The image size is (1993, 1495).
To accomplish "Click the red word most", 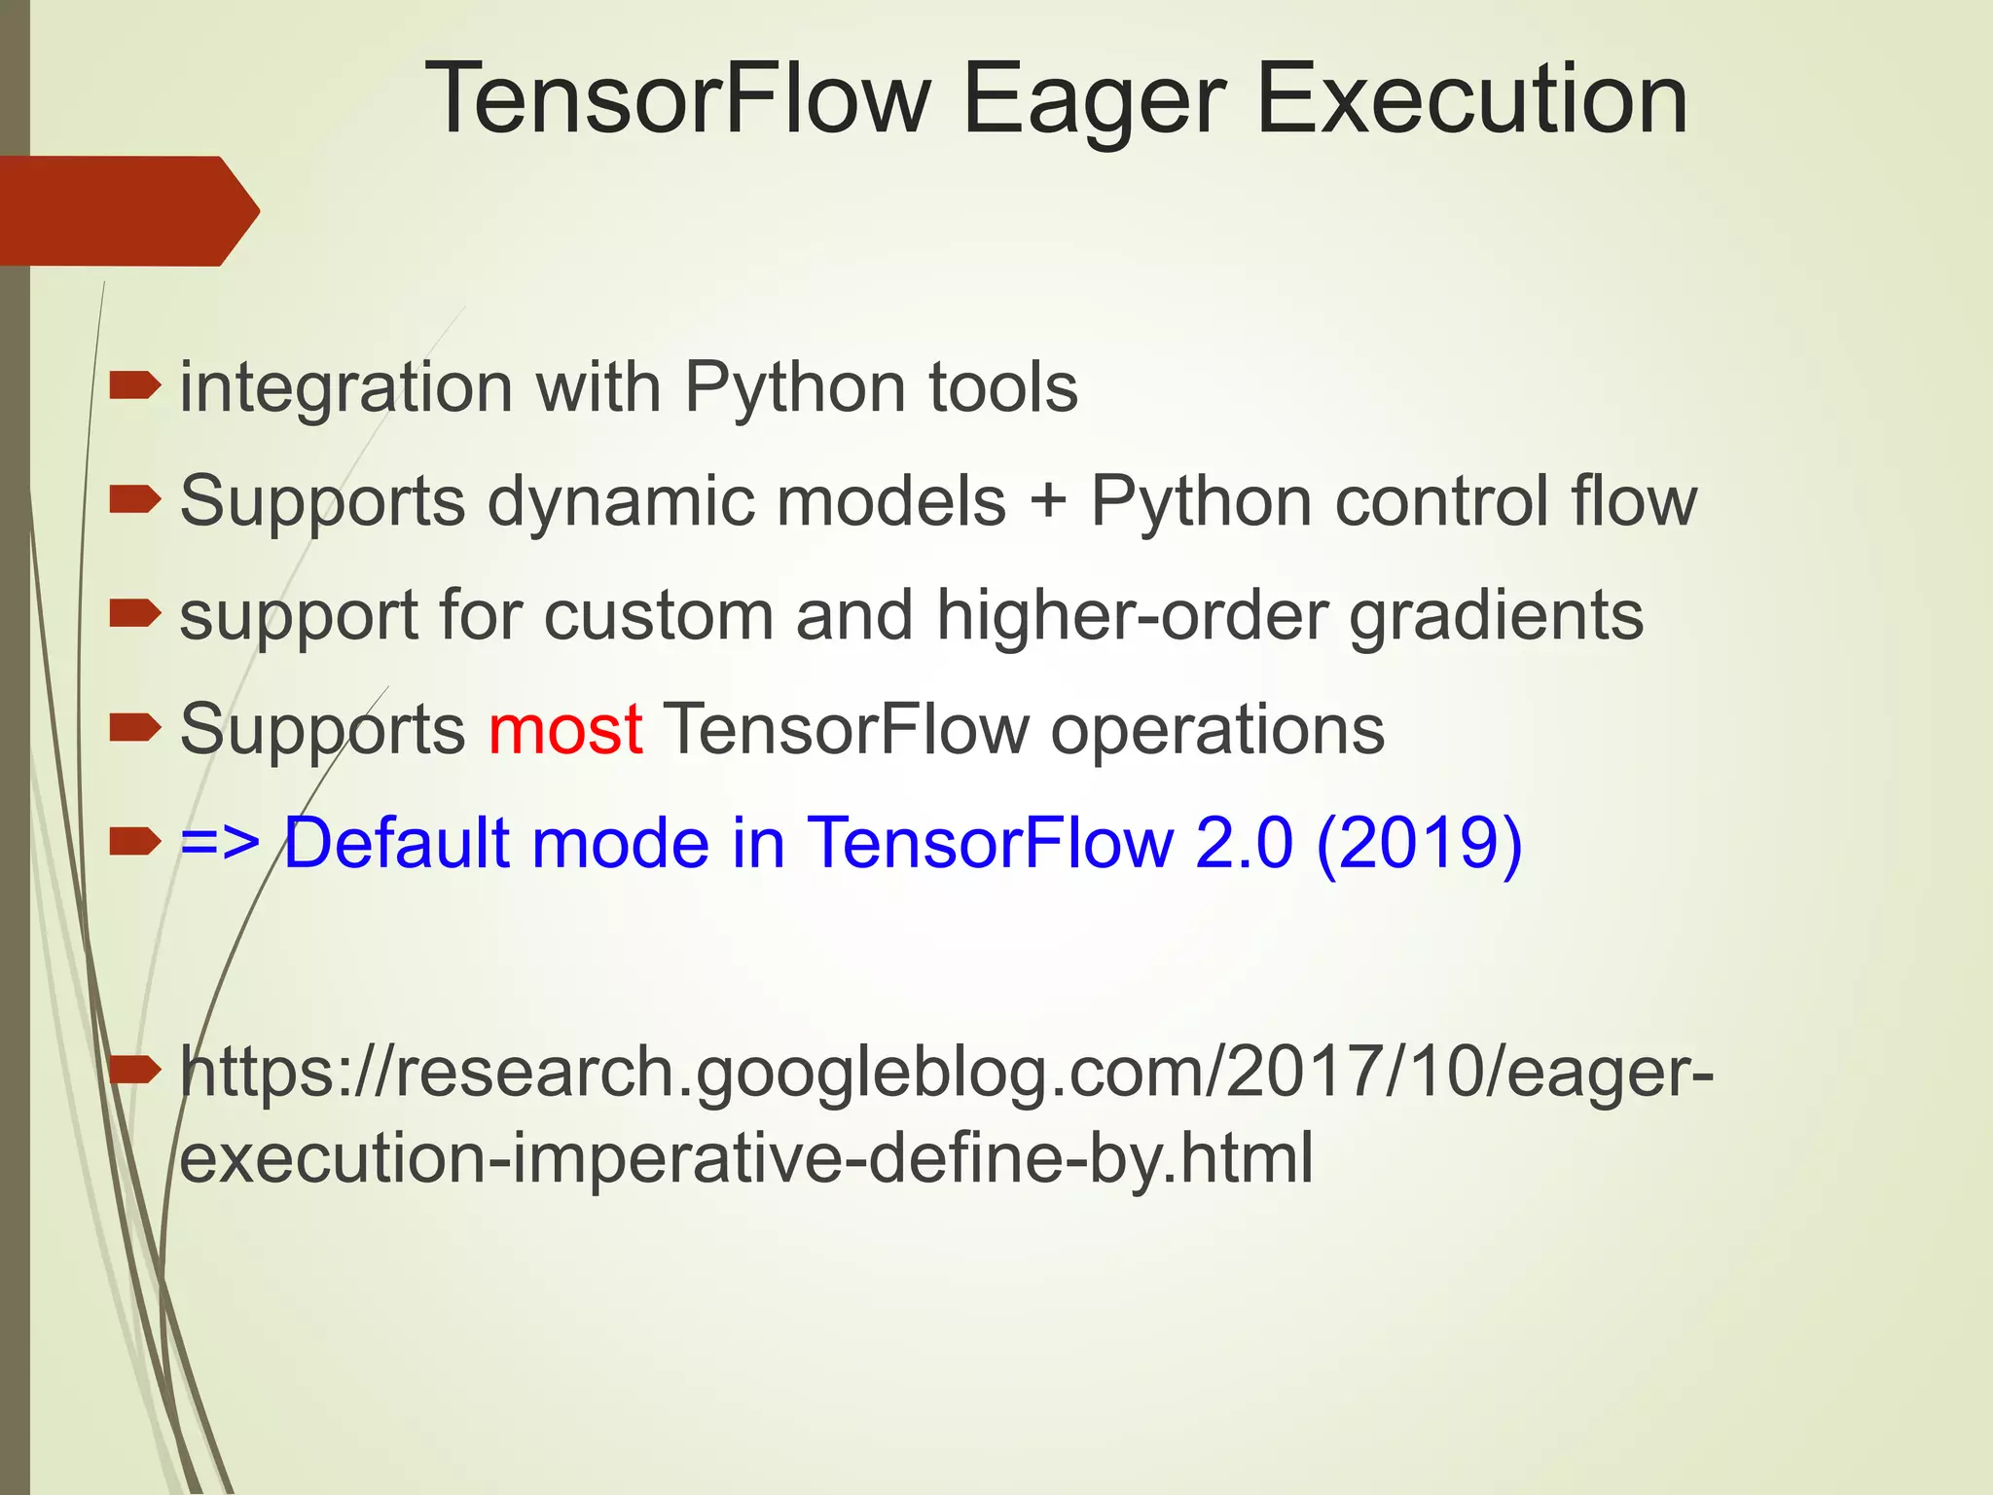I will (564, 729).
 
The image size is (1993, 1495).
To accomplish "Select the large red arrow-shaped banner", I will (127, 210).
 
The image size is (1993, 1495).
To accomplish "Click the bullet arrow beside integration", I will (134, 387).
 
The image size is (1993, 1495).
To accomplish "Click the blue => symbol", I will (220, 843).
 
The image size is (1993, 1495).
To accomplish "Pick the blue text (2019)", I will (1418, 843).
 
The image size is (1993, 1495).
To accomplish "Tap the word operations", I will (1216, 729).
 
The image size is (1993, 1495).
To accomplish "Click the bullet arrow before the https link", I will (134, 1071).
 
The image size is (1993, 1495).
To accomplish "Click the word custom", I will (658, 615).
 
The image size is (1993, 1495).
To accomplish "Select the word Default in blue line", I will (396, 843).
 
